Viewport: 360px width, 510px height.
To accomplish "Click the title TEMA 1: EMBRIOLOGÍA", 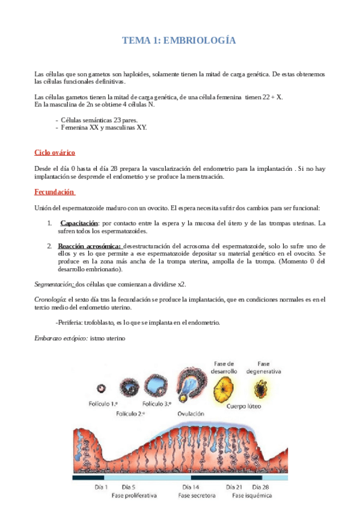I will click(x=179, y=41).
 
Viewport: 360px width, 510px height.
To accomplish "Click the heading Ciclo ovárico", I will click(x=55, y=153).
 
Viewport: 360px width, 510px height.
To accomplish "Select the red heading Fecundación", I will click(x=55, y=192).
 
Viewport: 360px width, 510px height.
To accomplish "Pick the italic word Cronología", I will click(x=50, y=299).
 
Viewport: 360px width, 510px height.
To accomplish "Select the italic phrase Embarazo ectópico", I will click(x=60, y=338).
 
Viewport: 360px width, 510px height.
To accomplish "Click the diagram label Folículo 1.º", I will click(x=106, y=404).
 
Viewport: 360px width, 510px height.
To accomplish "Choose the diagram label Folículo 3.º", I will click(x=157, y=404).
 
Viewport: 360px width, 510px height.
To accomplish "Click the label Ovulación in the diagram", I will click(x=191, y=414).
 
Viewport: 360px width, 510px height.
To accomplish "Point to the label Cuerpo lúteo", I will click(x=244, y=406).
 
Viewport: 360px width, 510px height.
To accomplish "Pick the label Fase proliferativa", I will click(x=134, y=496).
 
